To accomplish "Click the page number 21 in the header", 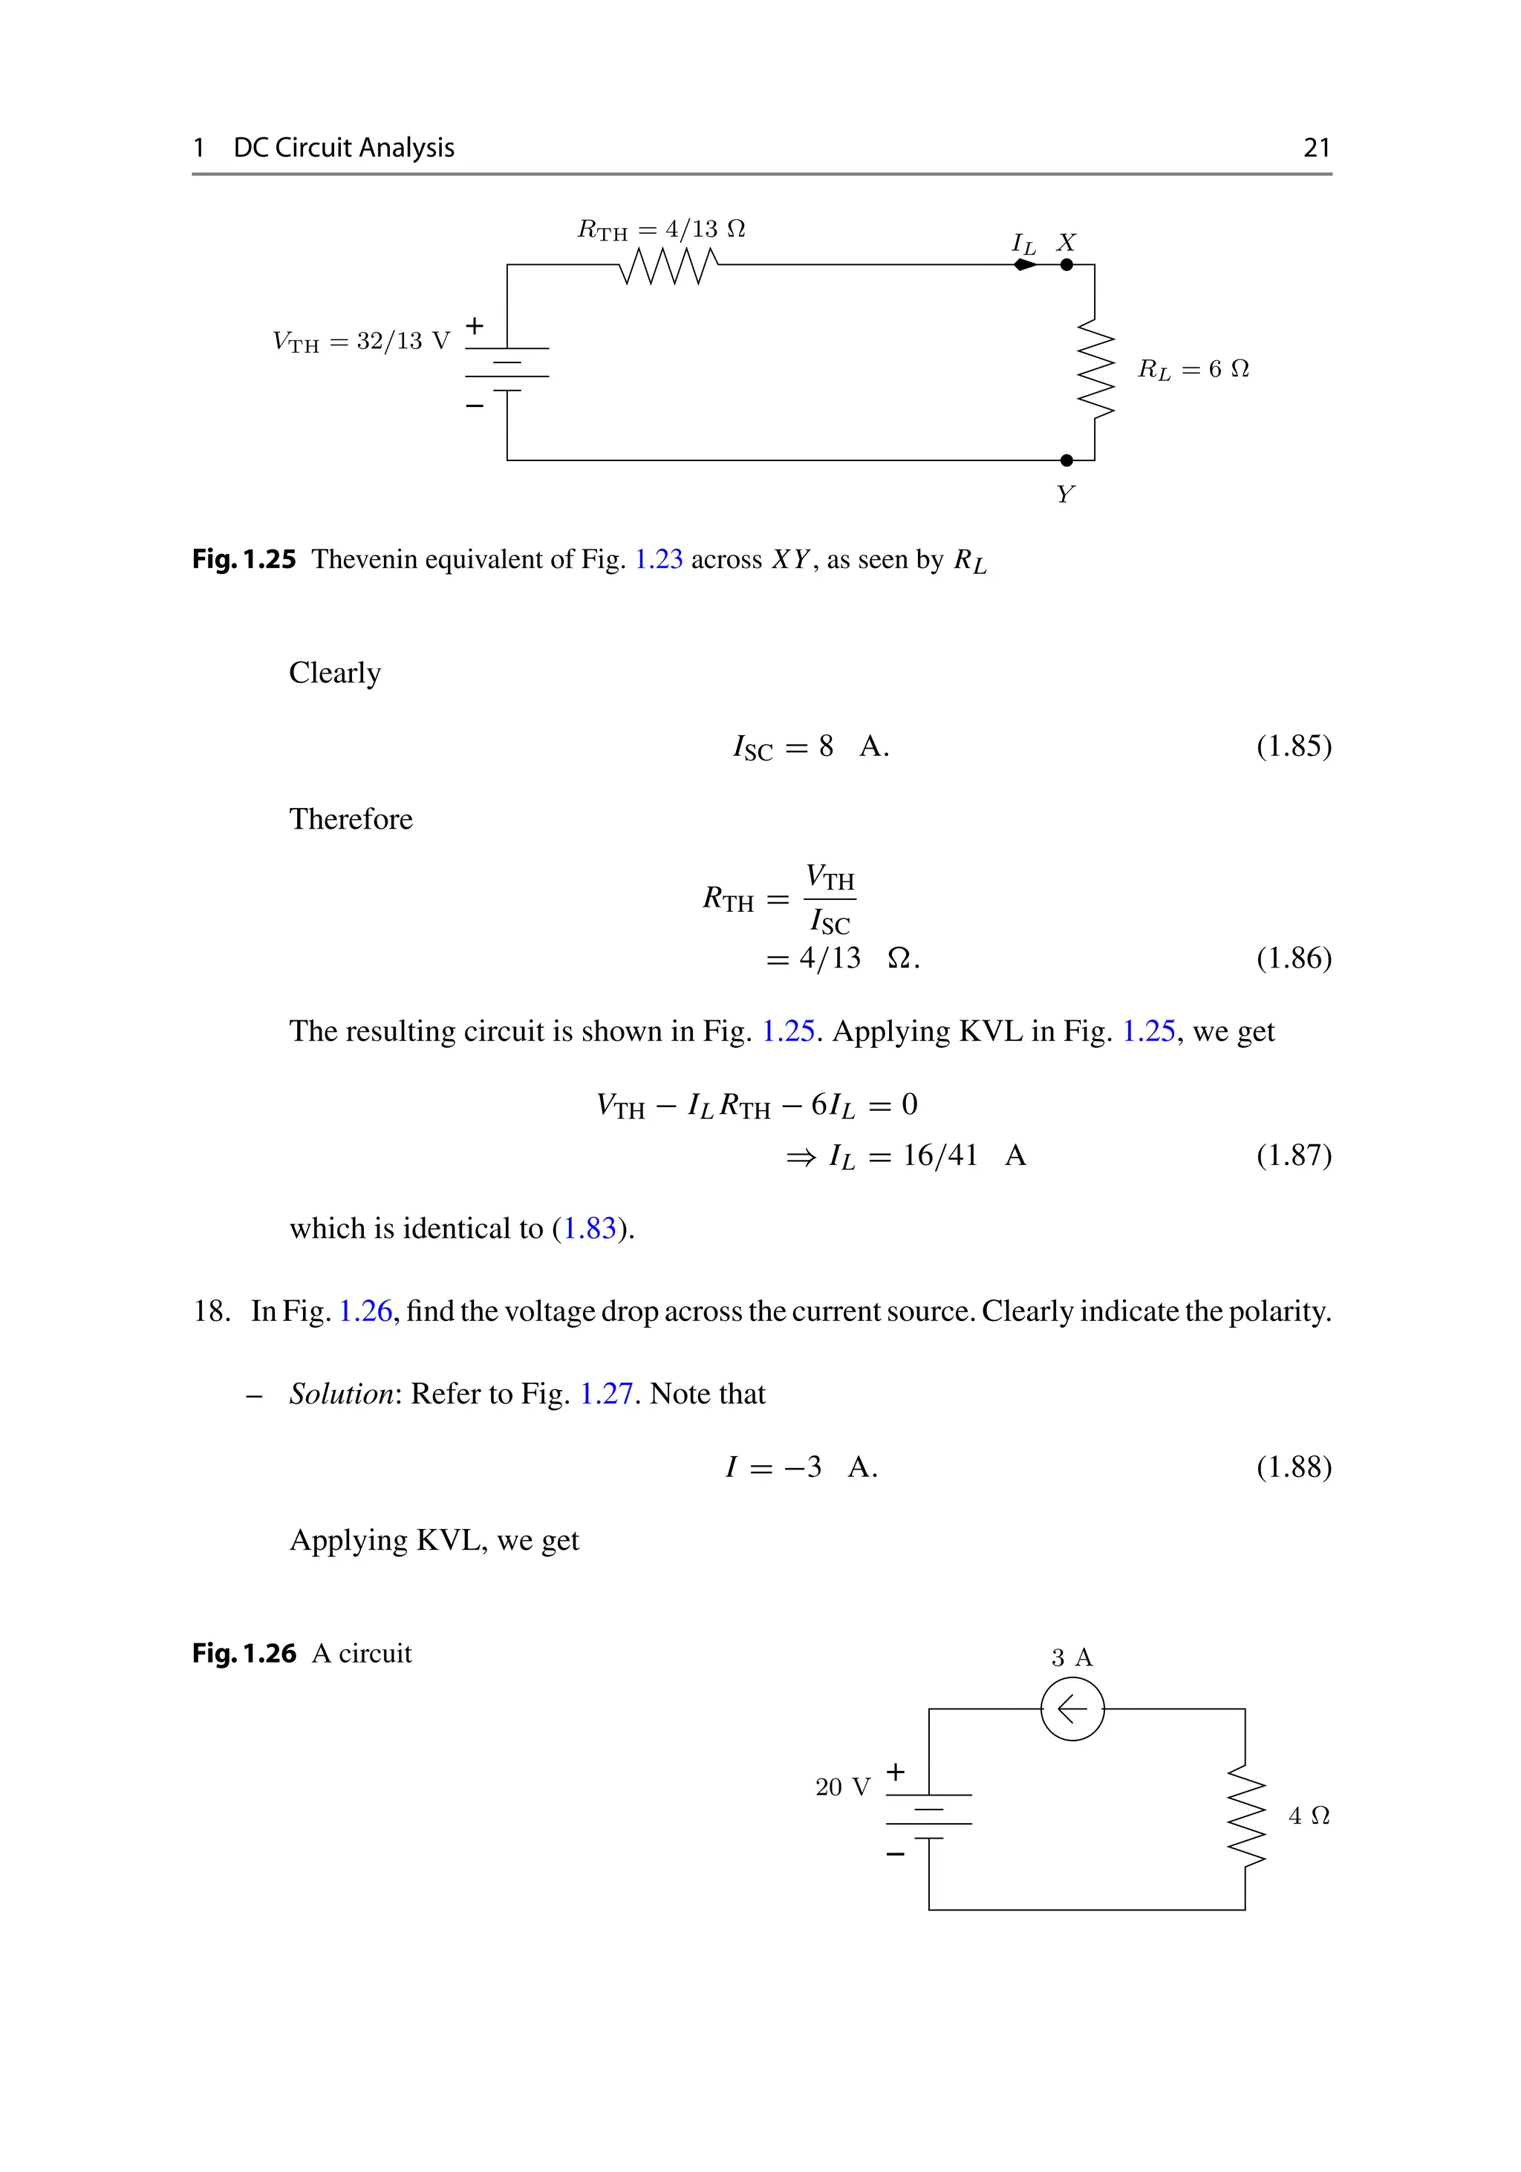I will pos(1316,148).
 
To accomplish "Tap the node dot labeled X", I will pos(1066,265).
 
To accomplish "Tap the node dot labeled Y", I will pos(1066,460).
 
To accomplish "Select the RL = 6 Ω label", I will pos(1193,369).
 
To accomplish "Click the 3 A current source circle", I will pos(1072,1709).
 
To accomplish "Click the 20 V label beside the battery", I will pos(842,1787).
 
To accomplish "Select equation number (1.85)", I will pos(1293,746).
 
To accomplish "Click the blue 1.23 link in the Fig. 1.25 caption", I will pos(658,559).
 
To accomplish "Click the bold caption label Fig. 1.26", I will pos(244,1653).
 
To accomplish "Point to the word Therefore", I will pos(351,818).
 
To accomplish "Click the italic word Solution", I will pos(342,1394).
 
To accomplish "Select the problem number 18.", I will pos(211,1311).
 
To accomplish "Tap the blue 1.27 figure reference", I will pos(605,1394).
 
